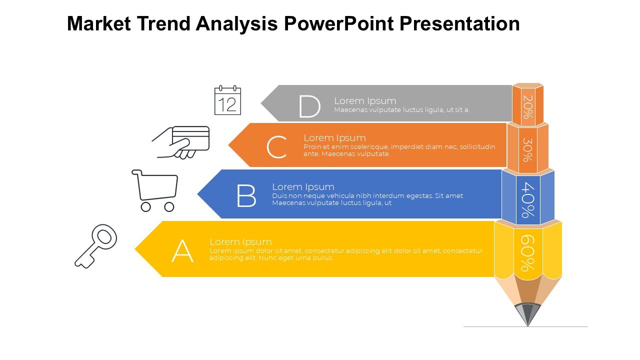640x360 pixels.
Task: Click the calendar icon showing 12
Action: (x=227, y=100)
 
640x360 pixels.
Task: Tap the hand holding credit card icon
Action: (x=181, y=142)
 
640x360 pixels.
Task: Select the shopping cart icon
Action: (x=155, y=190)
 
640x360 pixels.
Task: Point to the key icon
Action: (x=96, y=246)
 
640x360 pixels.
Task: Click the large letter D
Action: (x=309, y=106)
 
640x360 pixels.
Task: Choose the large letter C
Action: (x=276, y=147)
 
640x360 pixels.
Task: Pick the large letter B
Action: (x=246, y=195)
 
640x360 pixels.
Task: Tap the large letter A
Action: (x=182, y=251)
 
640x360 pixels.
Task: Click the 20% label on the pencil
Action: (x=528, y=107)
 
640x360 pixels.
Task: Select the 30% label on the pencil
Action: (x=527, y=149)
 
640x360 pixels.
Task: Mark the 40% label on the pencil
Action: (x=528, y=200)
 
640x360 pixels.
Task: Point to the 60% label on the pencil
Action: (x=527, y=253)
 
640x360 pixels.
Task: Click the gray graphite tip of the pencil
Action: (x=527, y=314)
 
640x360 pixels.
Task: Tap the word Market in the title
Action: (x=99, y=23)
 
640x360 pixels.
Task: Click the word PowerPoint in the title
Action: (x=339, y=23)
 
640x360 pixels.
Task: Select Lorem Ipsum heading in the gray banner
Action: (x=365, y=101)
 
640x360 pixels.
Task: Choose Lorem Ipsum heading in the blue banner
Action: (x=303, y=187)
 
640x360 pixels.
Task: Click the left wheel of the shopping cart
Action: (x=145, y=207)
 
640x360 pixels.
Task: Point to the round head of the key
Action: (x=104, y=237)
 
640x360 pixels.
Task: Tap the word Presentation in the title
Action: (x=459, y=23)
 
